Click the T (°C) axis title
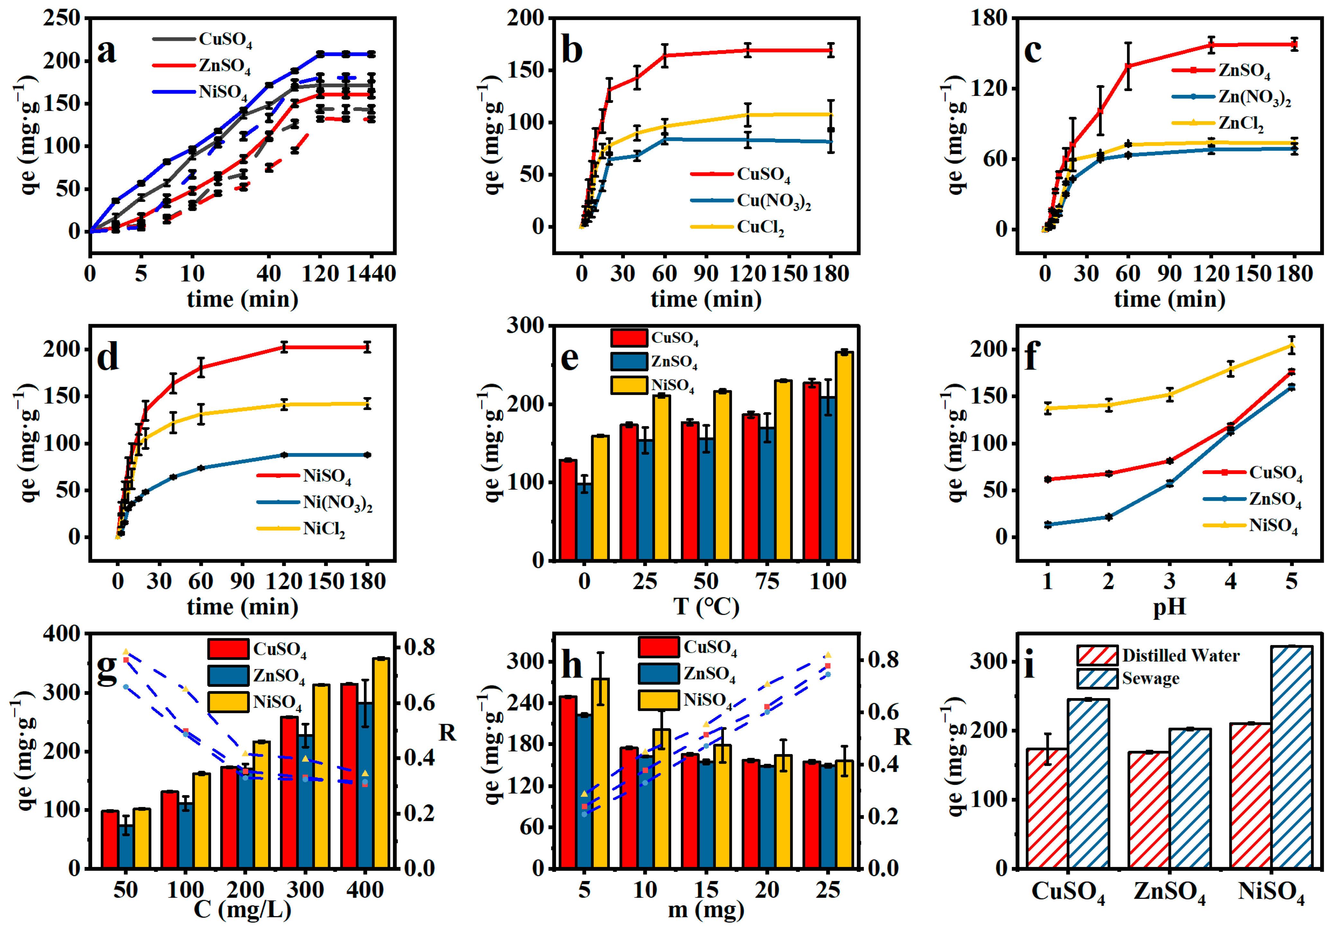coord(706,607)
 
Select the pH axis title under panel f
coord(1169,607)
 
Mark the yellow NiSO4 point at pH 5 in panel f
coord(1291,346)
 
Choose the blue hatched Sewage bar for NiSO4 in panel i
coord(1291,757)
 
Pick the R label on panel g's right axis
coord(447,733)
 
